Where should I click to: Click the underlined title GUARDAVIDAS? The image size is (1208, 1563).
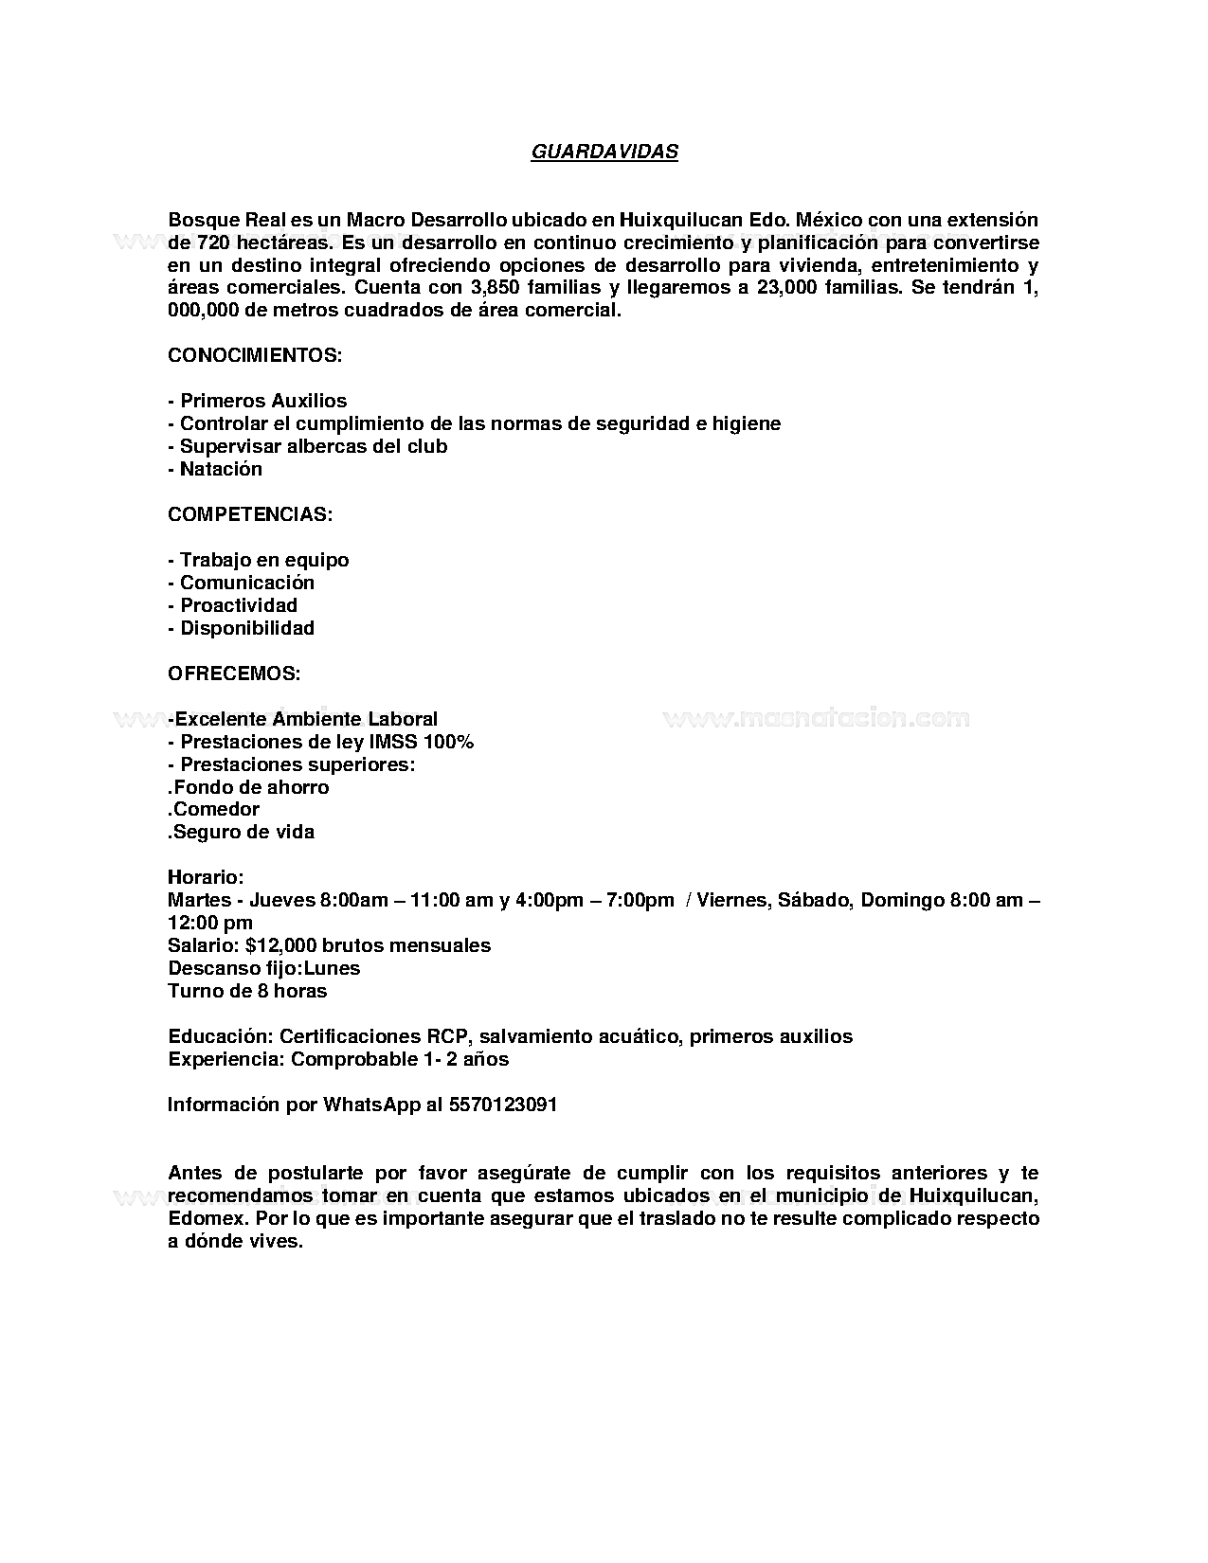click(x=604, y=152)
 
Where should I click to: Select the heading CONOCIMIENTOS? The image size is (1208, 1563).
click(x=254, y=355)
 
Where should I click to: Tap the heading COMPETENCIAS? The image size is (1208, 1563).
click(x=250, y=514)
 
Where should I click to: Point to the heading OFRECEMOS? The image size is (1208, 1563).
click(x=234, y=674)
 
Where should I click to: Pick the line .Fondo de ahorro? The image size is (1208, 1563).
click(x=248, y=787)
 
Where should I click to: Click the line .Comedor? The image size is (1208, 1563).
click(x=213, y=809)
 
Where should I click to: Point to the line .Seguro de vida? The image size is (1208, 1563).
click(x=241, y=832)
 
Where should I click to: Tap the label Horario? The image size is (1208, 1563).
click(x=206, y=877)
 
